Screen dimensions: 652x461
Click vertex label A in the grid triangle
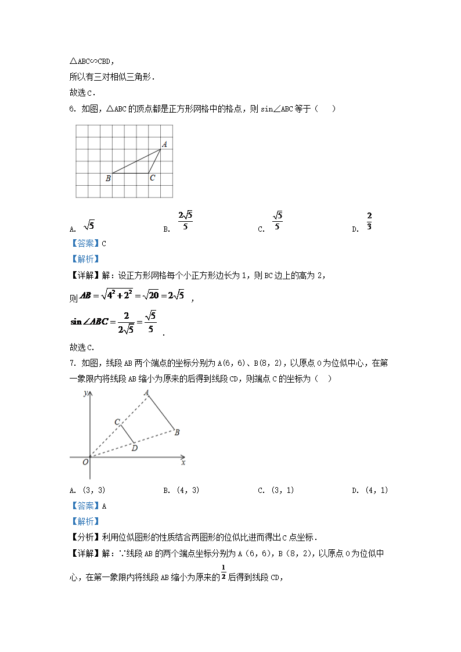[164, 144]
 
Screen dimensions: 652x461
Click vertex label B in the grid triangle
[108, 178]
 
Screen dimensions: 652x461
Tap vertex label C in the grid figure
[152, 178]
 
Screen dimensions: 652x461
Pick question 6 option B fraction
[185, 221]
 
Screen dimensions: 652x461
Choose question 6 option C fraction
[278, 221]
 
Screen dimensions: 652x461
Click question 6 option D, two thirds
[369, 221]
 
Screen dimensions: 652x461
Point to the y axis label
[85, 393]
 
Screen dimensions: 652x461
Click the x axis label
[183, 463]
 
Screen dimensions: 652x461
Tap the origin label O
[85, 462]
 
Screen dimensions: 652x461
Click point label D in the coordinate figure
[134, 448]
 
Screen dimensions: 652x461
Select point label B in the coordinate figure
[177, 432]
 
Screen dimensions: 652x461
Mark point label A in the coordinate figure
[147, 393]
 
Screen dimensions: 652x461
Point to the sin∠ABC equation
[113, 321]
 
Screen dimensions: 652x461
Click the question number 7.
[72, 363]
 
